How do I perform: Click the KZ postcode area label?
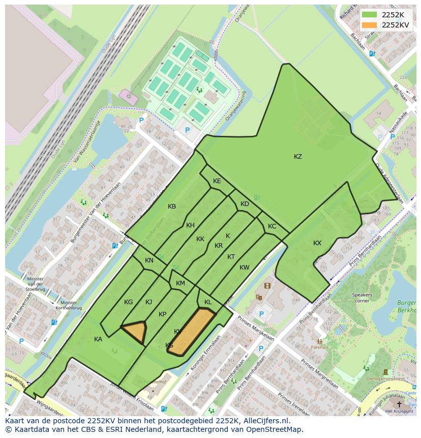tap(298, 157)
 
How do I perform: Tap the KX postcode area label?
tap(317, 243)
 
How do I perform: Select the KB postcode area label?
tap(172, 207)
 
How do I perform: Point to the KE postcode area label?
tap(217, 181)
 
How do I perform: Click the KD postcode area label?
tap(245, 204)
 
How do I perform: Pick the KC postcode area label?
tap(272, 226)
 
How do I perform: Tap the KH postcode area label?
tap(190, 225)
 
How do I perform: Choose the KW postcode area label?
tap(245, 268)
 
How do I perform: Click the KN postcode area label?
tap(149, 260)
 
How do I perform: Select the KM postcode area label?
tap(180, 283)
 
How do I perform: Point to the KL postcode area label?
tap(208, 302)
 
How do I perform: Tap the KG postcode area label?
tap(128, 302)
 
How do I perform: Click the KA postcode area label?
tap(98, 339)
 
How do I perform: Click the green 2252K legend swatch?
tap(370, 15)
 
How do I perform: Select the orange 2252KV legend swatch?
tap(370, 25)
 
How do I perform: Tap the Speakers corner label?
tap(363, 298)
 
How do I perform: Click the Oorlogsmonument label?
tap(385, 378)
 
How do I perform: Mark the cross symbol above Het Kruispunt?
tap(399, 403)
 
